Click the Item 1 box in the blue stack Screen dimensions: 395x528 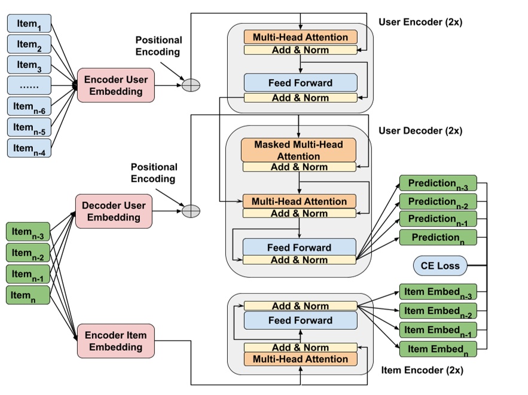29,24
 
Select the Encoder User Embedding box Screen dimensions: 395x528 115,85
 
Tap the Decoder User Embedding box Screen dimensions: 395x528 114,211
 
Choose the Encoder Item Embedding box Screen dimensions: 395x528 115,341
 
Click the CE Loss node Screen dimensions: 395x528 440,265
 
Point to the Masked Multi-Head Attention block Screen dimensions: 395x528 299,150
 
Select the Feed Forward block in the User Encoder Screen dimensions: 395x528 300,82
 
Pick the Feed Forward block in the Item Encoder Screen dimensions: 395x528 300,320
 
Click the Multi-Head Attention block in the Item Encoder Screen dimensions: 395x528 300,359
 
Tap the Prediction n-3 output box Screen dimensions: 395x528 438,183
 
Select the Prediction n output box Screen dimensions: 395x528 438,237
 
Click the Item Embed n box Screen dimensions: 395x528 438,348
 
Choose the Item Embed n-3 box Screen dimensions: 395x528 438,292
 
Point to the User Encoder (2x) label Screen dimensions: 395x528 420,22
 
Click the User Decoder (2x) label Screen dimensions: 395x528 420,131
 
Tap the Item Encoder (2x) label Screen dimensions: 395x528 422,370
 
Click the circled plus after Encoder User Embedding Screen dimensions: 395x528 191,85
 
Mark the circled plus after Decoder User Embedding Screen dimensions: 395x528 191,211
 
